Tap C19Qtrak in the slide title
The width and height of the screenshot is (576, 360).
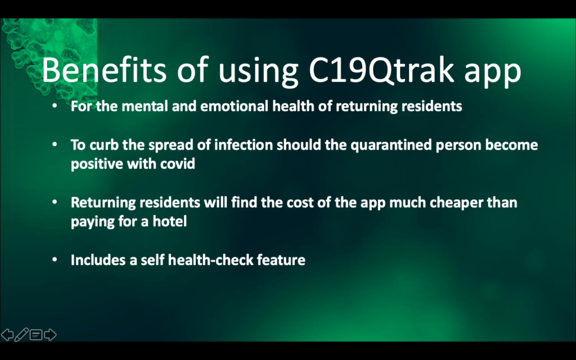[x=381, y=70]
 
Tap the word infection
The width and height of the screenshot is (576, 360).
[x=243, y=145]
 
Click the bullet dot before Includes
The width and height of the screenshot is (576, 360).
[x=55, y=260]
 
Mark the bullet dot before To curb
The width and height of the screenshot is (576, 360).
[x=55, y=145]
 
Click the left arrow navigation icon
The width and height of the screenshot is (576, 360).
[x=7, y=335]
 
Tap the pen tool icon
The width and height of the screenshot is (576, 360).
[x=21, y=335]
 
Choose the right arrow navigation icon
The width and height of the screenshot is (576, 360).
[x=50, y=335]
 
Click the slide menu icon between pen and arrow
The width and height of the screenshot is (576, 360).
[x=35, y=335]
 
